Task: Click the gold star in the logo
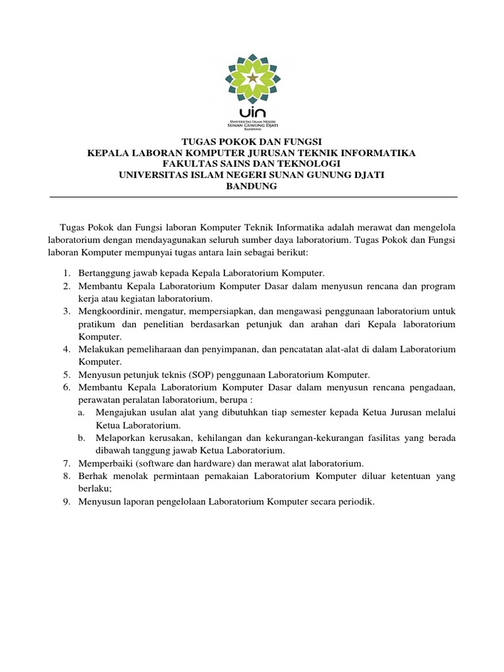[253, 78]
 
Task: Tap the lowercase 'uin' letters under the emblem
[253, 112]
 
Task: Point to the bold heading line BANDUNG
[252, 186]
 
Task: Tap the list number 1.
[66, 272]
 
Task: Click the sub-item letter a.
[81, 412]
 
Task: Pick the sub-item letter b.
[81, 438]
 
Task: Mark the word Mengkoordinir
[109, 311]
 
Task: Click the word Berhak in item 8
[92, 476]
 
